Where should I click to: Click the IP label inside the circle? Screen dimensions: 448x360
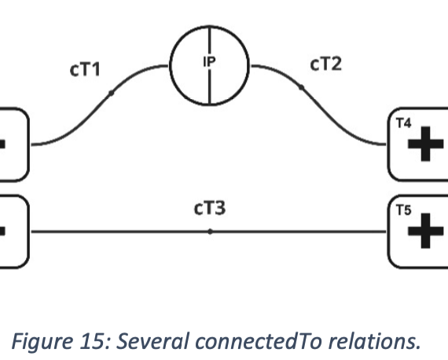pyautogui.click(x=209, y=62)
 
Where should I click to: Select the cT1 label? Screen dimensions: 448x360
pyautogui.click(x=85, y=69)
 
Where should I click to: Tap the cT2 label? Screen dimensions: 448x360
pyautogui.click(x=325, y=64)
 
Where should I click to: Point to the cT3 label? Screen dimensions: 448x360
pyautogui.click(x=210, y=208)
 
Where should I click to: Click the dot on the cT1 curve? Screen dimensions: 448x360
pyautogui.click(x=111, y=93)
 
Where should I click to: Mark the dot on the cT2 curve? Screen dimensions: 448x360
pyautogui.click(x=301, y=87)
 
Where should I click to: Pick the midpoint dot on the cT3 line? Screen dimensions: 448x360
pyautogui.click(x=210, y=232)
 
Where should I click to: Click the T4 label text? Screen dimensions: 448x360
pyautogui.click(x=404, y=123)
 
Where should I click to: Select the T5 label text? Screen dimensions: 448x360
pyautogui.click(x=404, y=211)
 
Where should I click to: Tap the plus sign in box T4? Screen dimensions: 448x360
pyautogui.click(x=425, y=144)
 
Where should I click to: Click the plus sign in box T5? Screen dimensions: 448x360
pyautogui.click(x=425, y=231)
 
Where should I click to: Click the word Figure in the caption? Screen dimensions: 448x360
pyautogui.click(x=42, y=343)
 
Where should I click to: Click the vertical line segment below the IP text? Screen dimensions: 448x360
pyautogui.click(x=210, y=86)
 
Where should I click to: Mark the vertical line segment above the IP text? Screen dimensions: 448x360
pyautogui.click(x=210, y=41)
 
